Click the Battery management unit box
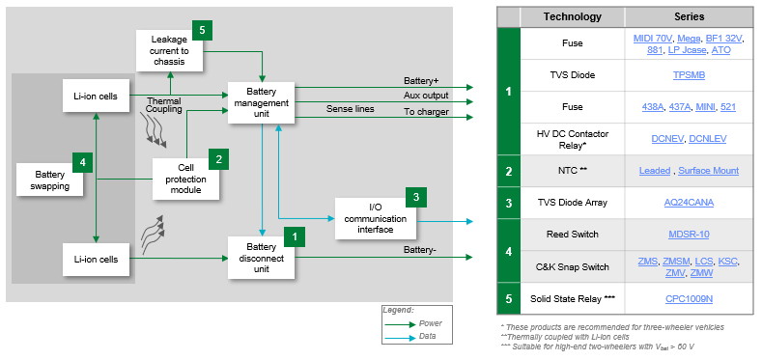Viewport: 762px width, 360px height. click(x=262, y=103)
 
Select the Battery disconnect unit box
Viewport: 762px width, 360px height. click(x=262, y=258)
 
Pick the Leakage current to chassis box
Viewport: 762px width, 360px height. click(x=171, y=50)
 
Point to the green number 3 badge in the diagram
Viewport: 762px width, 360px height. click(x=415, y=198)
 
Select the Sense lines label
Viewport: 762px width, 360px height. click(x=351, y=110)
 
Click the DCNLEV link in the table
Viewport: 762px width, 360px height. click(x=708, y=139)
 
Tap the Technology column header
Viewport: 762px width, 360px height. click(x=572, y=16)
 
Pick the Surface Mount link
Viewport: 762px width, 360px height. click(x=709, y=171)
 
